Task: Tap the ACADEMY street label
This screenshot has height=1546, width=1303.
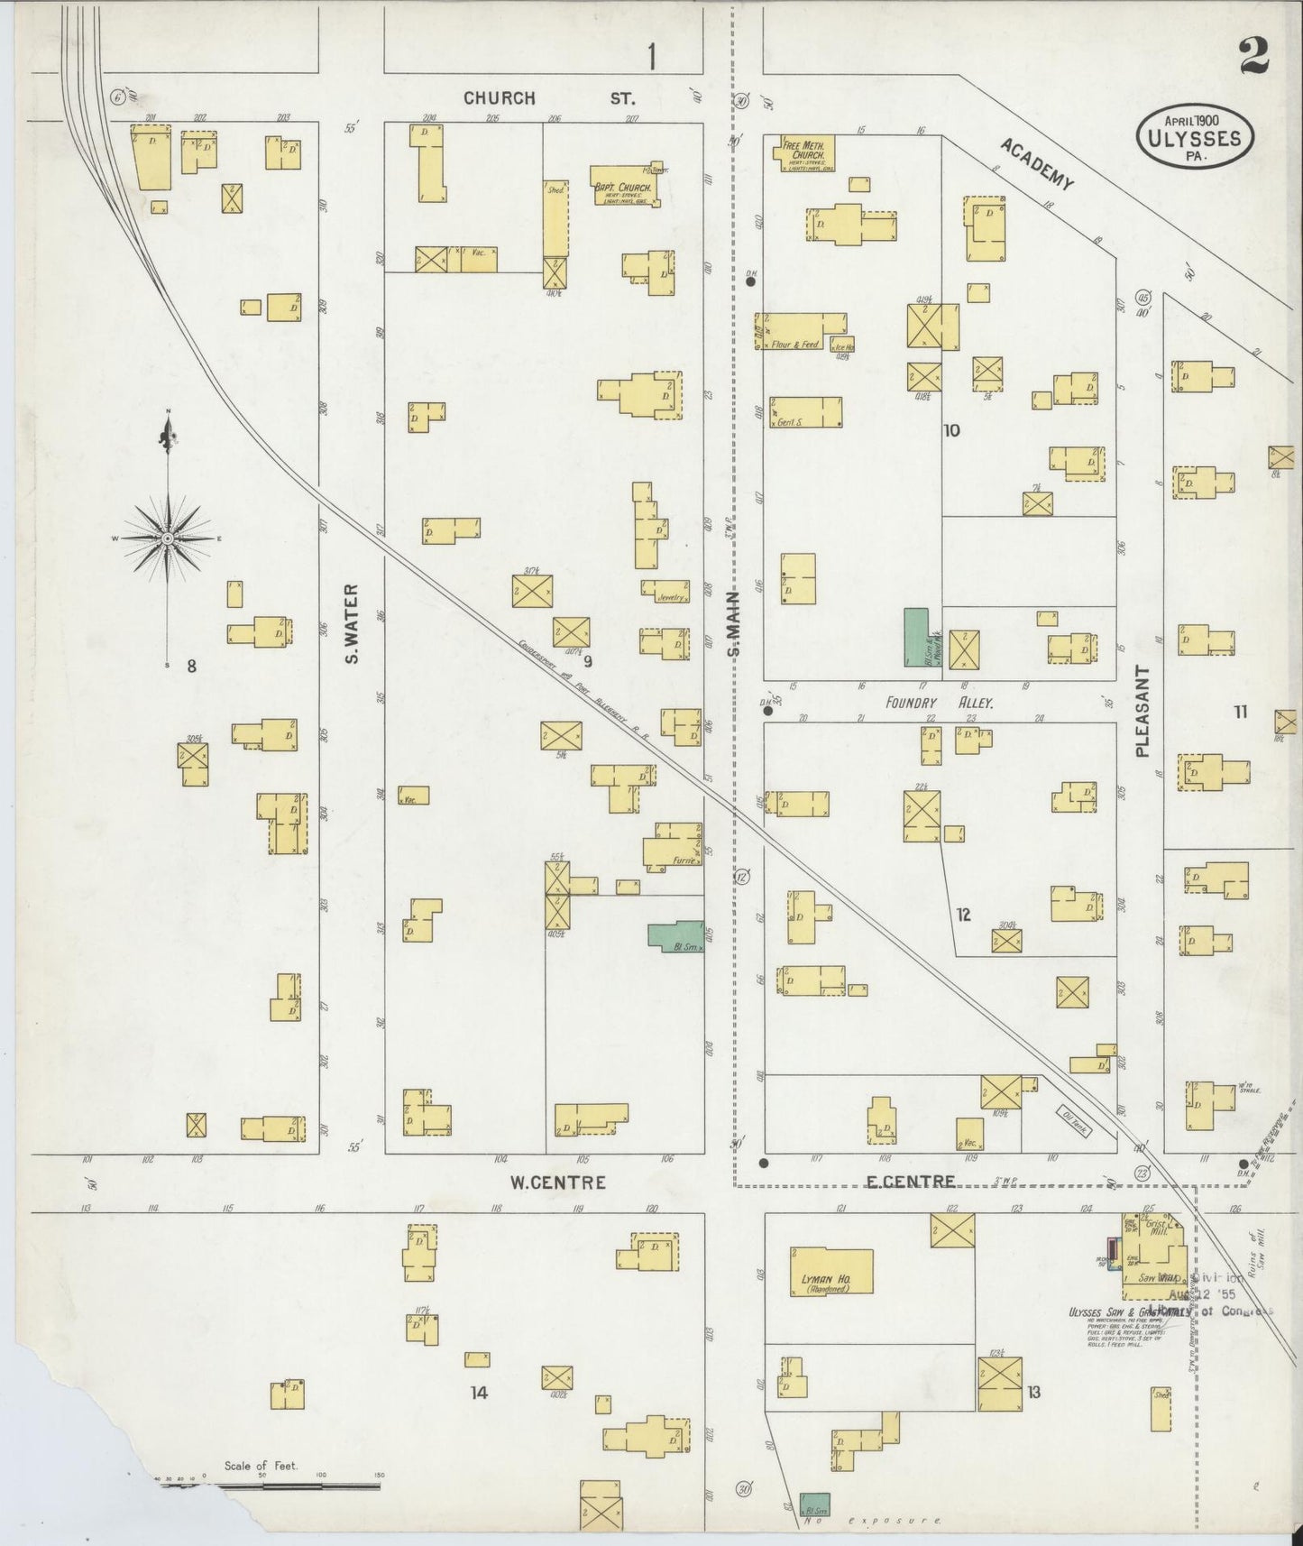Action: pyautogui.click(x=1037, y=165)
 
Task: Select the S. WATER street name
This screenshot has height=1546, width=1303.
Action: pyautogui.click(x=353, y=623)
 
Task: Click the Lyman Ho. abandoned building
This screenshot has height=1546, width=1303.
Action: pyautogui.click(x=831, y=1272)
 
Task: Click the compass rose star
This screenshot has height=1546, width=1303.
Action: pyautogui.click(x=168, y=538)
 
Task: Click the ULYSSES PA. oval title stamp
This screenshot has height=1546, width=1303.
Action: pyautogui.click(x=1193, y=138)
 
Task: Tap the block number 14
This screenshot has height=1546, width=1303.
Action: pyautogui.click(x=478, y=1393)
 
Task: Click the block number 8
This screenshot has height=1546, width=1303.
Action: pyautogui.click(x=191, y=667)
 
